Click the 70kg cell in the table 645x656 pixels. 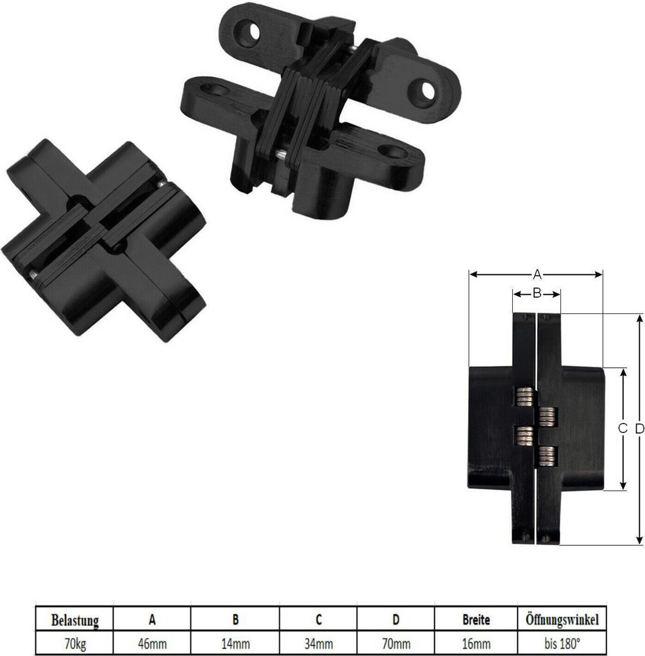coord(75,641)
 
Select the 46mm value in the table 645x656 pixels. coord(152,641)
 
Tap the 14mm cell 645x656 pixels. coord(235,641)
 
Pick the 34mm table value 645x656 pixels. coord(319,641)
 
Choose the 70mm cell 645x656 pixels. coord(396,641)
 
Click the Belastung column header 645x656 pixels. coord(75,620)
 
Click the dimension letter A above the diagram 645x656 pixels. coord(537,274)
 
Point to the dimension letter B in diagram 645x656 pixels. coord(537,293)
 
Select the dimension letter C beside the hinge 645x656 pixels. coord(622,429)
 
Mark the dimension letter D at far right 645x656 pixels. coord(639,429)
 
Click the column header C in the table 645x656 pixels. coord(319,619)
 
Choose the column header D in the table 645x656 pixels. coord(396,619)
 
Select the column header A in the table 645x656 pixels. coord(152,619)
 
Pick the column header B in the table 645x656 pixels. coord(235,619)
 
